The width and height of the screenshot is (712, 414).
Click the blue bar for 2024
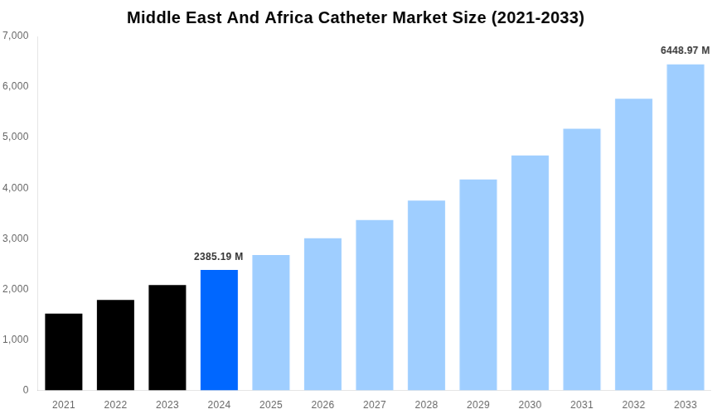pos(219,330)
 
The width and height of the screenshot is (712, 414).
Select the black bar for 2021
pos(64,352)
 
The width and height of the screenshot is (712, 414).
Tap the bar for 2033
pos(685,227)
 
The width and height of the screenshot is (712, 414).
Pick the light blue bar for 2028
pos(426,295)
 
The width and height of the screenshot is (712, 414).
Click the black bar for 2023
pos(167,337)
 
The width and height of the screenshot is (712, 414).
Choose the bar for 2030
pos(530,272)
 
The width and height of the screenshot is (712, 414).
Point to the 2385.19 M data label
pos(219,257)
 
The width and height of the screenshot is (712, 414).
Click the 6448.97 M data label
pos(685,51)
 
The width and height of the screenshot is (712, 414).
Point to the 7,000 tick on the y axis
pos(16,36)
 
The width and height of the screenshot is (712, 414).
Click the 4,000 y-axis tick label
pos(16,188)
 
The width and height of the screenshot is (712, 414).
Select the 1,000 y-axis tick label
pos(16,339)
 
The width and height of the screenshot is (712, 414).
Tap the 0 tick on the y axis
pos(26,390)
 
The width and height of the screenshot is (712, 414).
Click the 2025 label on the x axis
pos(271,405)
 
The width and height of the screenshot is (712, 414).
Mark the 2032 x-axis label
pos(633,405)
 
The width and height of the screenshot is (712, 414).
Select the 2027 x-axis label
pos(375,405)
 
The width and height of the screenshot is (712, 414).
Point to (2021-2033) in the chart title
pos(537,17)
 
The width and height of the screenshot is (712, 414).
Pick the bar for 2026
pos(322,314)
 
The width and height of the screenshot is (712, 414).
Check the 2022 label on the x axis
pos(115,405)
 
